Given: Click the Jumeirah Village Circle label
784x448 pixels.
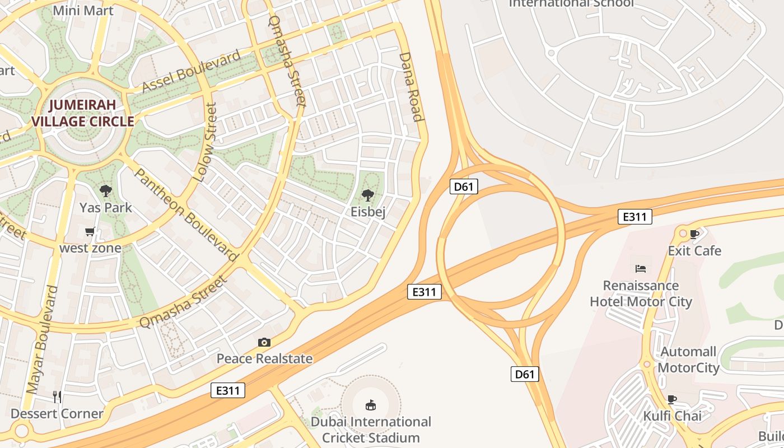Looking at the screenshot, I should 83,113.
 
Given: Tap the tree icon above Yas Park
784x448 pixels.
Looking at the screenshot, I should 105,191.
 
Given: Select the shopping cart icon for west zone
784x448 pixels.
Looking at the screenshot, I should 90,232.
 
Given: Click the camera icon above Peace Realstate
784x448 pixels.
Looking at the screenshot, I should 264,342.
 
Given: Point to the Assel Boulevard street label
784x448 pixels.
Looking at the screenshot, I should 192,71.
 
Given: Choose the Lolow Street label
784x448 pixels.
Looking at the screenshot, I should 204,143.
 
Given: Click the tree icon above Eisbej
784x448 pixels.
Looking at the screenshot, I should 368,195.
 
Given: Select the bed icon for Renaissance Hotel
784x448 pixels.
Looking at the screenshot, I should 641,269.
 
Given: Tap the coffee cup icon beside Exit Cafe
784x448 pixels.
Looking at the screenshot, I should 694,234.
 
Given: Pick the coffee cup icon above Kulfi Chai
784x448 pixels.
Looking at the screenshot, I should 672,399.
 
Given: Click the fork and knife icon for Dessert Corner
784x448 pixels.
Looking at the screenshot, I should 57,397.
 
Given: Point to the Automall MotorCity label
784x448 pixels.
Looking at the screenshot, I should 688,360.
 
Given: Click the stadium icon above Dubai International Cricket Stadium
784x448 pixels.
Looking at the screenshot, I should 370,405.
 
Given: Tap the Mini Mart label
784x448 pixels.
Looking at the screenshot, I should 83,10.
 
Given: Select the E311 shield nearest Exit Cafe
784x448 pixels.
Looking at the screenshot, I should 635,217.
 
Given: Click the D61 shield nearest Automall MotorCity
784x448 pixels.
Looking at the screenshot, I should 525,374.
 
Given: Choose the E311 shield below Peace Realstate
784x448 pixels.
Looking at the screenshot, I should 228,390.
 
